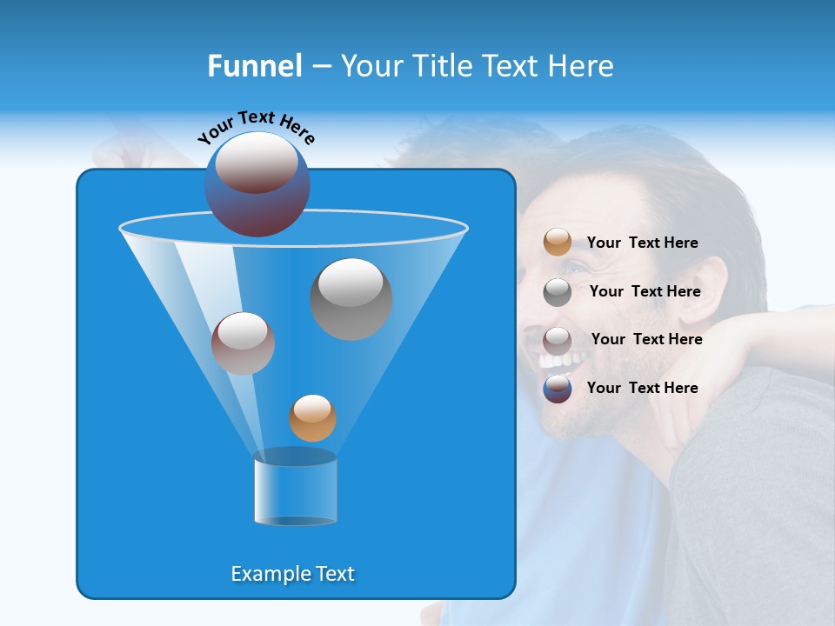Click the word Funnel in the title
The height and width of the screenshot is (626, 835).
(254, 66)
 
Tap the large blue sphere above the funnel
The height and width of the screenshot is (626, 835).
(257, 184)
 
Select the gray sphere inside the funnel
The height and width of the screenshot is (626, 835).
(351, 298)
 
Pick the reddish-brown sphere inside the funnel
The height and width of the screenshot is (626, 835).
(243, 343)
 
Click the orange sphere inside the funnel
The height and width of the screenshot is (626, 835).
(312, 417)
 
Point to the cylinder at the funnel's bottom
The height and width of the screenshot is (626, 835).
(295, 489)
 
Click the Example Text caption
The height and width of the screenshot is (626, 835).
(293, 574)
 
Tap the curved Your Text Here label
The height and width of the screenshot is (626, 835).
(257, 126)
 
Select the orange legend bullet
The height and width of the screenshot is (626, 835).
(558, 242)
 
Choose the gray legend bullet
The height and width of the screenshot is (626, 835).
(558, 291)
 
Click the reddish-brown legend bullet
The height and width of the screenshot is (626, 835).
(558, 340)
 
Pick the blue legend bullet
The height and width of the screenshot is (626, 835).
(558, 389)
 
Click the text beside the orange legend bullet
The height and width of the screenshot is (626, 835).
(642, 243)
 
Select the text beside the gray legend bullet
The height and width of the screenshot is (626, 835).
(645, 292)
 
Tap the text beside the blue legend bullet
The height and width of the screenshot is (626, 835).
(642, 388)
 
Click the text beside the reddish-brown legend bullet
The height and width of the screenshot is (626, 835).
(646, 339)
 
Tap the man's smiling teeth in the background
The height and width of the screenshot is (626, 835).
(551, 359)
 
